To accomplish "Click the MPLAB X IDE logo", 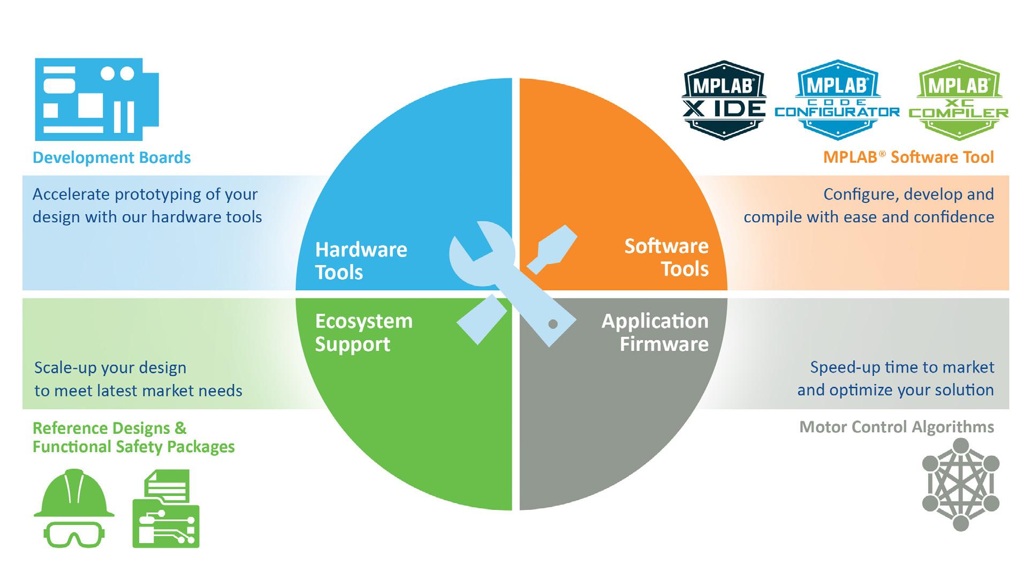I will coord(724,100).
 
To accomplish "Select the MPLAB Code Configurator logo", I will coord(837,100).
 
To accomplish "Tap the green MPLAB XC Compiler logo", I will coord(958,100).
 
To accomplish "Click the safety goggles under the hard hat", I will coord(74,533).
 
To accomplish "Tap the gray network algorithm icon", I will coord(960,484).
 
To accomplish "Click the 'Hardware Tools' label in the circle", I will coord(361,261).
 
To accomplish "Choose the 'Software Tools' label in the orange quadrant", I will coord(666,258).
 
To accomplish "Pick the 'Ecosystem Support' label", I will coord(363,332).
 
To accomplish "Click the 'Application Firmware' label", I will coord(655,332).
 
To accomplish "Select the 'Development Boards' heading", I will coord(112,157).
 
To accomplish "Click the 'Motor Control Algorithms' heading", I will coord(897,427).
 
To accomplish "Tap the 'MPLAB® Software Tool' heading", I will coord(908,157).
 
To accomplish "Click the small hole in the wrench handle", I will coord(553,324).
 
